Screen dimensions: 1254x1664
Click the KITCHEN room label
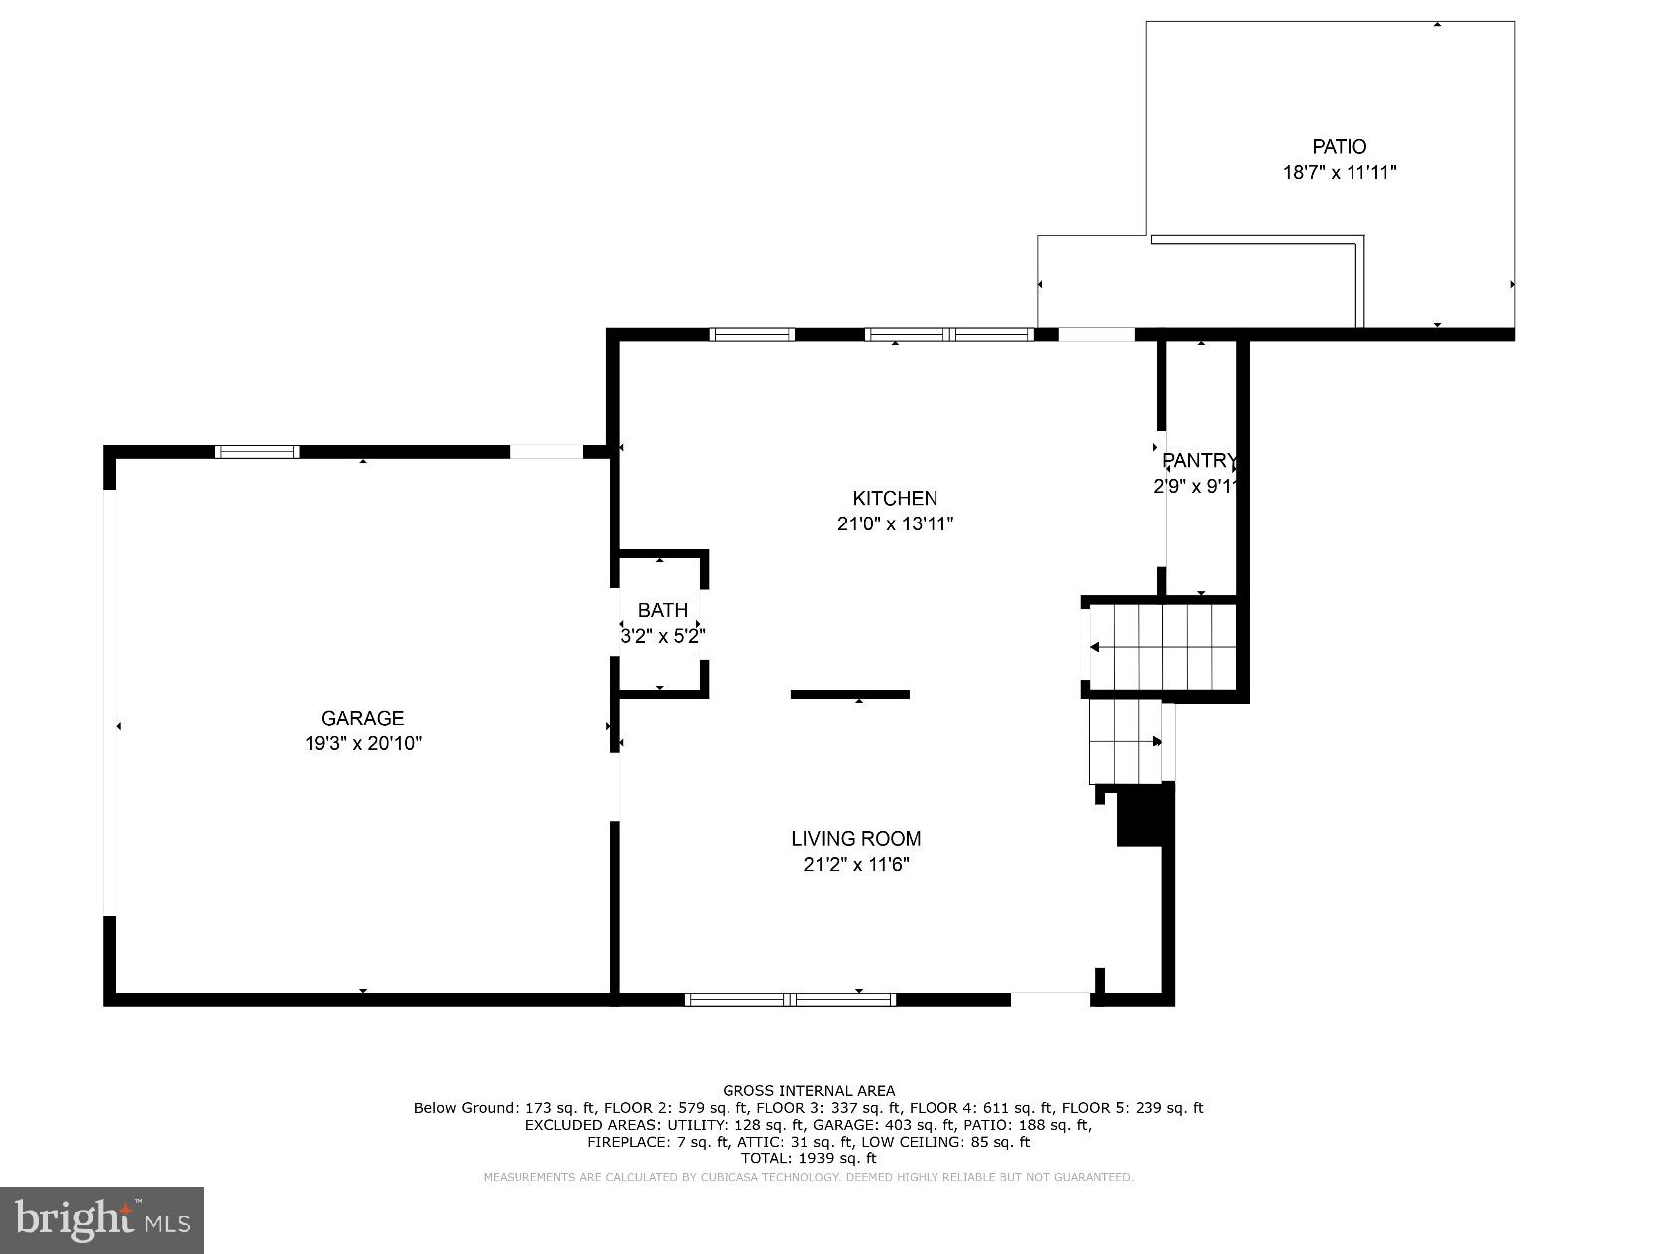895,498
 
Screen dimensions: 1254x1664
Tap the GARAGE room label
362,718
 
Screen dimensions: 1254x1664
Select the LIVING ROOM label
856,839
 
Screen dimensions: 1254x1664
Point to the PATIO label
1339,147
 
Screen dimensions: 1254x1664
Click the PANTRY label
1199,461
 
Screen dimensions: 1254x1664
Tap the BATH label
662,610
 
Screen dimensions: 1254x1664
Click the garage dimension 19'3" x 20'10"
362,743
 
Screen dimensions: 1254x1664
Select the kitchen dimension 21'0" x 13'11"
895,523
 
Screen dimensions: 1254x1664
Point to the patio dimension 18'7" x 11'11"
1339,172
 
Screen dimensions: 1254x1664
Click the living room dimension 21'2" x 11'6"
856,864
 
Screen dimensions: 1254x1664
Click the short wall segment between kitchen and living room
850,694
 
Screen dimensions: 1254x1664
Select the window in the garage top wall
257,452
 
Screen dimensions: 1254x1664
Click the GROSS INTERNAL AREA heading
808,1090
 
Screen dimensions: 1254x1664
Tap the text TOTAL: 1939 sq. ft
808,1158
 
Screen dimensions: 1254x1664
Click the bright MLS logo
102,1219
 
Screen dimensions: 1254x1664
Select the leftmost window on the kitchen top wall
751,334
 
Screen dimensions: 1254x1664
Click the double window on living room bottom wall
790,999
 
